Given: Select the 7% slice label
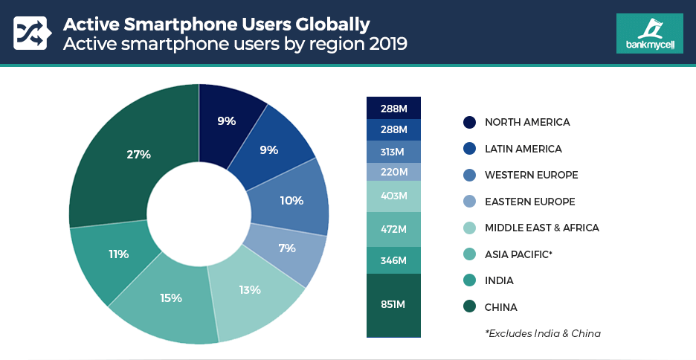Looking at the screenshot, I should tap(287, 248).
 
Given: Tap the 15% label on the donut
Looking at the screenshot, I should tap(170, 298).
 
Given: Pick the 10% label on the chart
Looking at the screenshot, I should tap(291, 200).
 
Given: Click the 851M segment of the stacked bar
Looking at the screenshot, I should tap(393, 305).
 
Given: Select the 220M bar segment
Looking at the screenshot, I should tap(393, 172).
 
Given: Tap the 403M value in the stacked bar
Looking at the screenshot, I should tap(393, 196).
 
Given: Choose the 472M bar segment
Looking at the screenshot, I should tap(393, 228).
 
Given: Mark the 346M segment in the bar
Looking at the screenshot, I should tap(393, 260).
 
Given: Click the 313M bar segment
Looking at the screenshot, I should tap(393, 151).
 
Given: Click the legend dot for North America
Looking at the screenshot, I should tap(469, 122).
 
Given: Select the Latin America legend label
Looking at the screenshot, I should tap(523, 149).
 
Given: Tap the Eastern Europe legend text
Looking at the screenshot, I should tap(529, 202).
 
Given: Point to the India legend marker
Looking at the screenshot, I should tap(469, 280).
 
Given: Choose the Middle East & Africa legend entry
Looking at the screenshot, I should tap(541, 228).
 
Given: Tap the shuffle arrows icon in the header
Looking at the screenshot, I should tap(30, 33).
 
